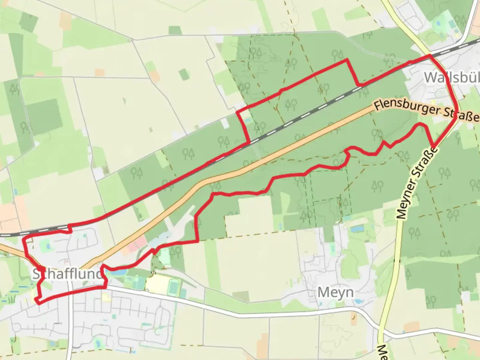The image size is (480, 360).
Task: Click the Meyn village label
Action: pyautogui.click(x=335, y=292)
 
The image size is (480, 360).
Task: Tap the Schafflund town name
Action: pyautogui.click(x=67, y=274)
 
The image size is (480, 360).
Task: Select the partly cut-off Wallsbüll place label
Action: pyautogui.click(x=452, y=78)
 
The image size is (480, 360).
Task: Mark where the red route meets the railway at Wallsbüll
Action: pyautogui.click(x=430, y=56)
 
